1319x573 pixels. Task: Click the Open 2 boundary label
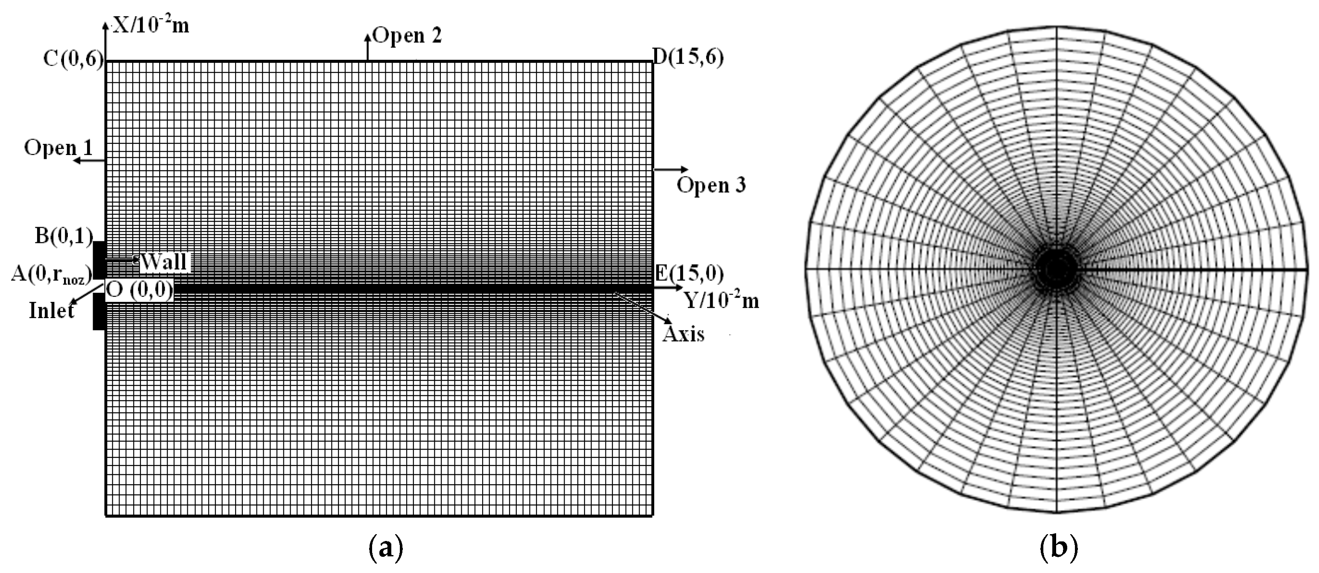(x=407, y=35)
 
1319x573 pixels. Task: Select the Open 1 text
(x=58, y=148)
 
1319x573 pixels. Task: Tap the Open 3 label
(x=711, y=185)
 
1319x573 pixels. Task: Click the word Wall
(x=163, y=262)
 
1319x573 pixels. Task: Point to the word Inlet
(x=52, y=310)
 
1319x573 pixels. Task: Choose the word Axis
(x=684, y=334)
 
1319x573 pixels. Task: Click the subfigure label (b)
(x=1059, y=548)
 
